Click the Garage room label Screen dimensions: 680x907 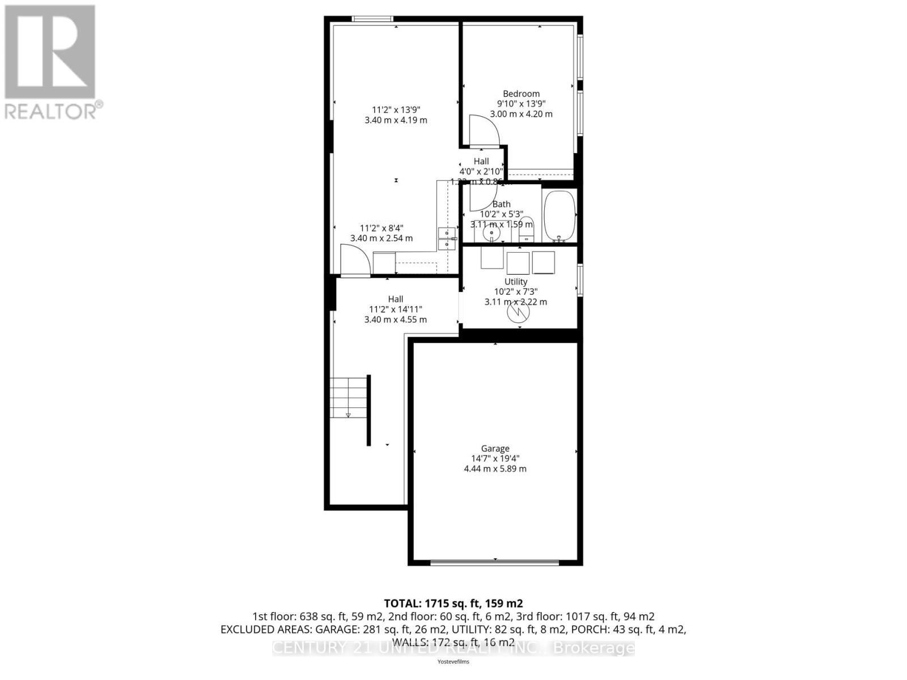point(495,448)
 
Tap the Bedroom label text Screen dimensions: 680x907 point(521,93)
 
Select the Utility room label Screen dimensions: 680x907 point(516,282)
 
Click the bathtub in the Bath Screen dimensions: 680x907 point(560,216)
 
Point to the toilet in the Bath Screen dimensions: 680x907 point(527,229)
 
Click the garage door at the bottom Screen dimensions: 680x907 point(494,562)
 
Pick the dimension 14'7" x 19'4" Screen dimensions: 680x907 point(495,458)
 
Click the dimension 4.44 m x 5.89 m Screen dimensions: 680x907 point(495,469)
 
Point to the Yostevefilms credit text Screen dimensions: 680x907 point(453,661)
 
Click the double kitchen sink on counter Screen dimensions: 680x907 point(447,239)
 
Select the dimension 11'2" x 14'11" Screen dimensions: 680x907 point(396,309)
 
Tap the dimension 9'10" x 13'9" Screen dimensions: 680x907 point(521,104)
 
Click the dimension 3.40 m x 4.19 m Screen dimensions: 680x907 point(396,120)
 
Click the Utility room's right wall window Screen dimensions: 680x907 point(579,279)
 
